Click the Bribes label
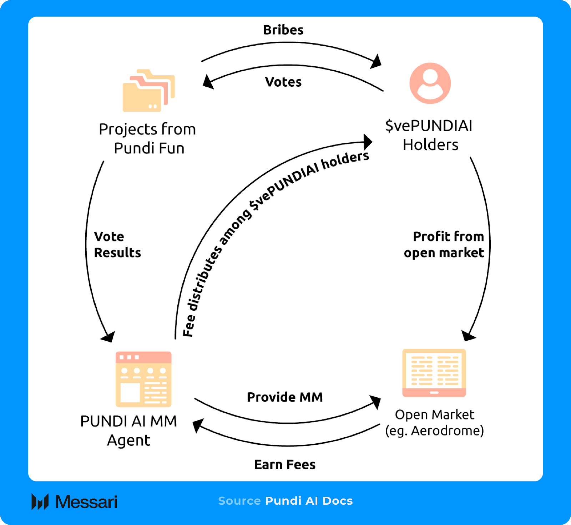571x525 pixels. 283,30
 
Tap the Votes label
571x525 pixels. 283,82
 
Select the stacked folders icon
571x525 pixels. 148,91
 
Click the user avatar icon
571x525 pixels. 430,83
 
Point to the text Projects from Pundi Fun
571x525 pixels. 148,139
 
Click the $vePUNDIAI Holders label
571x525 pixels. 429,135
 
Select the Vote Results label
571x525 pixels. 117,245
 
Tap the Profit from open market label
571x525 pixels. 445,245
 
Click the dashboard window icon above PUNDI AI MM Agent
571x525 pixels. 143,379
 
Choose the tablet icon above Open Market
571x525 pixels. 434,373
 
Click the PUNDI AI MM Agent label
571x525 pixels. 128,430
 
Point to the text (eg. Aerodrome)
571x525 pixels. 434,431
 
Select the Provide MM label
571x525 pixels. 285,397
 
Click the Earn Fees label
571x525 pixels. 285,464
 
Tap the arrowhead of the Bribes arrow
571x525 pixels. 376,62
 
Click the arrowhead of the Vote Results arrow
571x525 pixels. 108,336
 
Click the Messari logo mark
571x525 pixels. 40,502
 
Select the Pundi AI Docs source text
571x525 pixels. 309,501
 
